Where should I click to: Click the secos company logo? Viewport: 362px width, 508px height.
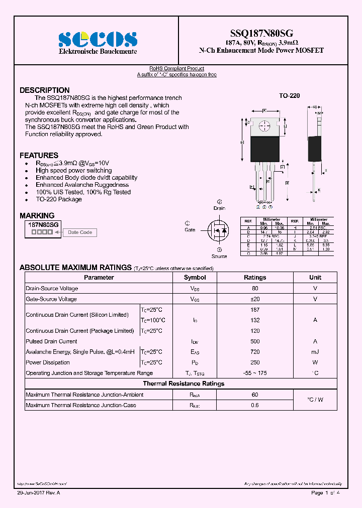tap(98, 40)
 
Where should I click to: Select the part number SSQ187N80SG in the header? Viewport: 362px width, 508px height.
tap(261, 34)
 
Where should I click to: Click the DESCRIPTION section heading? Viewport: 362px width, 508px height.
tap(44, 90)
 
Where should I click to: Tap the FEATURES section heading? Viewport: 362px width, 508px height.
tap(39, 156)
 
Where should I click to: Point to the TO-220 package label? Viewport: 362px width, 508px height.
tap(289, 95)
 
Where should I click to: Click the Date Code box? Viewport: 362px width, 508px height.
tap(80, 232)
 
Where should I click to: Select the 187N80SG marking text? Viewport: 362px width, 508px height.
tap(44, 225)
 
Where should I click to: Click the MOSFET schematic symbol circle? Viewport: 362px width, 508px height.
tap(219, 230)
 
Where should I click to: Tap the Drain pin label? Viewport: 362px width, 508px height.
tap(219, 208)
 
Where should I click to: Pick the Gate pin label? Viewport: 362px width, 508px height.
tap(190, 229)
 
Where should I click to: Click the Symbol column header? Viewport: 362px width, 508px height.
tap(195, 278)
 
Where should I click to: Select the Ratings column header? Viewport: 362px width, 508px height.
tap(255, 278)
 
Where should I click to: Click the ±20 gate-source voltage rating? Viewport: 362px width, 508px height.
tap(255, 299)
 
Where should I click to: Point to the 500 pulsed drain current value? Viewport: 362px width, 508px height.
tap(255, 341)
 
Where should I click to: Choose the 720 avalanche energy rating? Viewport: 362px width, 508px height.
tap(255, 352)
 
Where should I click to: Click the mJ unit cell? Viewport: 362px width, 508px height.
tap(315, 352)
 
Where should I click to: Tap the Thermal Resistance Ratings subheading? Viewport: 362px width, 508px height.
tap(184, 384)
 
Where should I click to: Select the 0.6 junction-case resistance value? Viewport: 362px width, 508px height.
tap(255, 405)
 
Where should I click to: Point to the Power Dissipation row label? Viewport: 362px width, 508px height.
tap(48, 362)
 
